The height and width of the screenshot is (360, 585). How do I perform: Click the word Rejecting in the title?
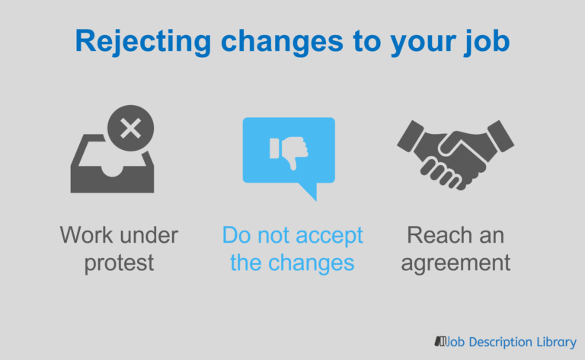(x=143, y=42)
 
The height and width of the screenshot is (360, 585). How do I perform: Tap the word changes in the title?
(x=282, y=42)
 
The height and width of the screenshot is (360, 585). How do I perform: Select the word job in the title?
(x=487, y=42)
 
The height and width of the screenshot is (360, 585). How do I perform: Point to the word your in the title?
(x=423, y=45)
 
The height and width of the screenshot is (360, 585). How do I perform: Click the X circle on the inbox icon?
(x=130, y=128)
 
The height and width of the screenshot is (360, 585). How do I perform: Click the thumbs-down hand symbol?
(x=289, y=151)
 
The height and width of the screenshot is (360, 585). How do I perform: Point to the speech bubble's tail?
(x=310, y=191)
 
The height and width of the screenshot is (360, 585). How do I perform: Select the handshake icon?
(x=456, y=155)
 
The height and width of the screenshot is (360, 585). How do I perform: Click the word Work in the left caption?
(x=86, y=235)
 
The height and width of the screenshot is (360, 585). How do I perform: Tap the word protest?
(x=119, y=263)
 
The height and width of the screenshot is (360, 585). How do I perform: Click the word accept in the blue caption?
(x=329, y=236)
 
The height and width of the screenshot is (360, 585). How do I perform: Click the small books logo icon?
(x=440, y=341)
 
